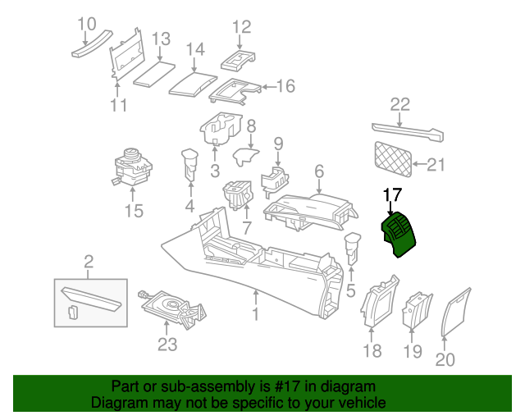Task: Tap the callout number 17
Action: (393, 195)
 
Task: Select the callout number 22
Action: (399, 104)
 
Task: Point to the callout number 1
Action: (255, 314)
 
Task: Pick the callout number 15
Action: (133, 212)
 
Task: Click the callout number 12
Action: (241, 27)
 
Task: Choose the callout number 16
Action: (285, 86)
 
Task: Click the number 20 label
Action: (445, 358)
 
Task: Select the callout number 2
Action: (89, 262)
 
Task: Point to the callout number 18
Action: (372, 351)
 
